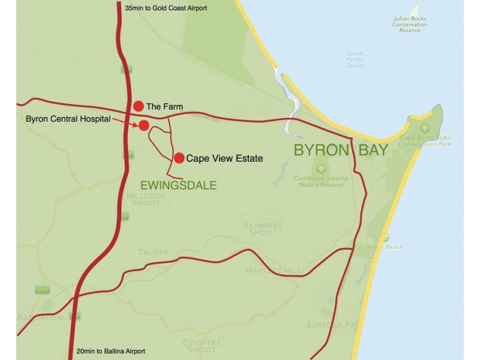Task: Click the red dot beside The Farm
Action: click(139, 106)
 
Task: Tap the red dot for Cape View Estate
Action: click(179, 158)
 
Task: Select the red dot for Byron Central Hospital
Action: click(144, 125)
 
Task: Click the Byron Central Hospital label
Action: click(68, 119)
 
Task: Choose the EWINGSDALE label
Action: click(178, 185)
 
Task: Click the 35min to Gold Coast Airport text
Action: click(165, 8)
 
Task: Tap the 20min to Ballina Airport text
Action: click(111, 351)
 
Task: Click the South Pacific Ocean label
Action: click(355, 59)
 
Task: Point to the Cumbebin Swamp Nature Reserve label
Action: click(319, 181)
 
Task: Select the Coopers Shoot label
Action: click(202, 346)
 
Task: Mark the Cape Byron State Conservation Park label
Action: click(425, 142)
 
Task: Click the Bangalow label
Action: click(41, 317)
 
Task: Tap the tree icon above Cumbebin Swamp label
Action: click(319, 168)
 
